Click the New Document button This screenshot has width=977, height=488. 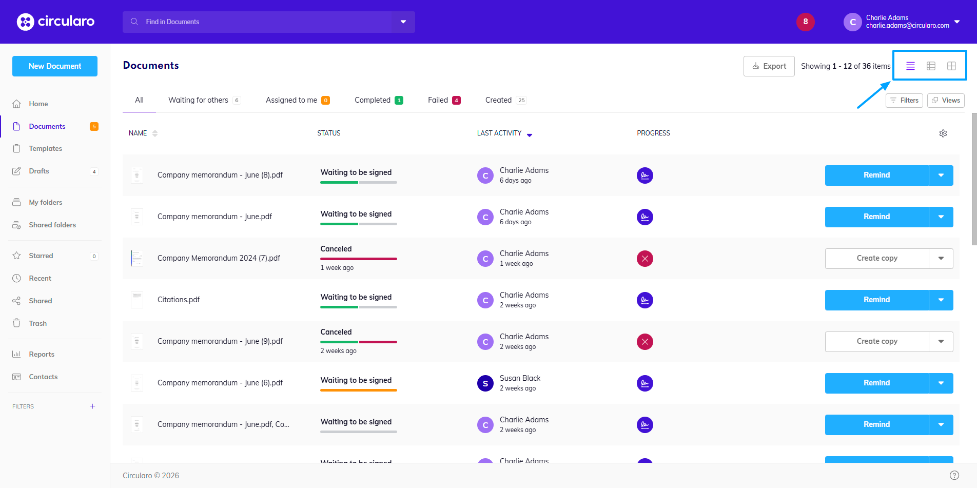point(55,66)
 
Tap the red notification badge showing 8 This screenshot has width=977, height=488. point(805,22)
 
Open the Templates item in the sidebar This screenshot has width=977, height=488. point(45,149)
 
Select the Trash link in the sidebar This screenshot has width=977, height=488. point(37,323)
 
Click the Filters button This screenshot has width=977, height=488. point(904,101)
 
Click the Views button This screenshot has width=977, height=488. point(946,101)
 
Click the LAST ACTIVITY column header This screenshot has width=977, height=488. point(499,133)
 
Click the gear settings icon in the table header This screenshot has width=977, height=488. point(943,133)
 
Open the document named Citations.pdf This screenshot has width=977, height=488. point(179,300)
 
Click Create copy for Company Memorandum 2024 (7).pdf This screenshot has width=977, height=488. point(876,258)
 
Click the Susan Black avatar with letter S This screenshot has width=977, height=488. point(485,383)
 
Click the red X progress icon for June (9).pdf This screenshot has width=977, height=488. point(644,342)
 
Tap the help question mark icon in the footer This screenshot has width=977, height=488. point(954,475)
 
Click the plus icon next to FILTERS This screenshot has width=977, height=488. point(92,406)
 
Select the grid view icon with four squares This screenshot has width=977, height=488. point(951,66)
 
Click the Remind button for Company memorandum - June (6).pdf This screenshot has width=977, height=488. point(876,383)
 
